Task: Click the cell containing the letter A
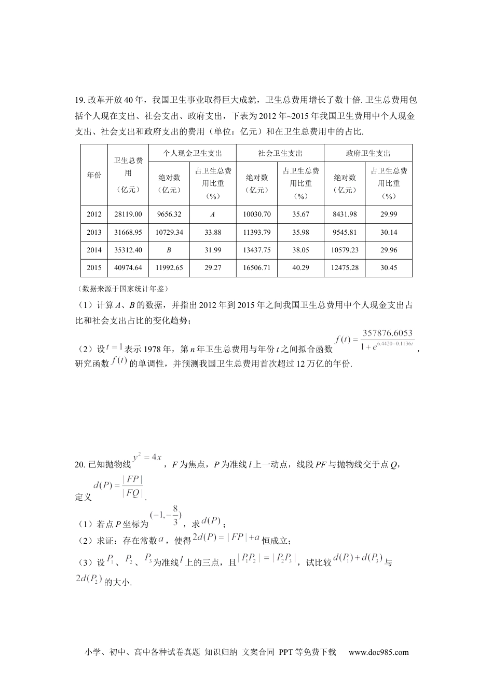pos(212,214)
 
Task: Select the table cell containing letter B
pos(169,250)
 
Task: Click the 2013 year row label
pos(94,232)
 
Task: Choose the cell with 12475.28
pos(345,268)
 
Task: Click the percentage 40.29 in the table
pos(300,268)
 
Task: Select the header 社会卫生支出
pos(280,153)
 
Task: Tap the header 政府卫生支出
pos(368,153)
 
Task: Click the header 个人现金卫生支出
pos(192,153)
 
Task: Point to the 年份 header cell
pos(94,175)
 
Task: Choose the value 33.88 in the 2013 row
pos(212,232)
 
